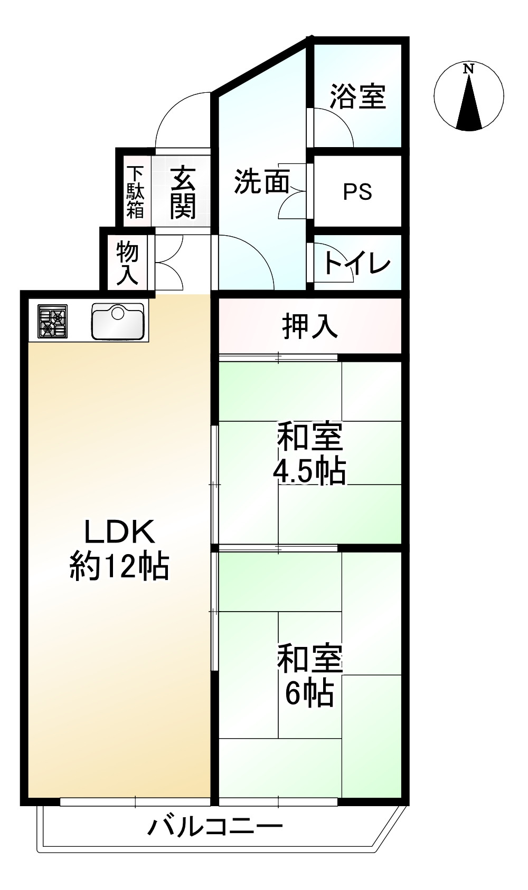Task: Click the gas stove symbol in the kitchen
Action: point(52,321)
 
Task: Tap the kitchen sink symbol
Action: point(118,322)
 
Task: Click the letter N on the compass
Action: point(468,69)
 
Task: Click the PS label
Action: point(357,191)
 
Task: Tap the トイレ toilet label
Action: point(357,262)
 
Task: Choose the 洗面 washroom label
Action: point(262,181)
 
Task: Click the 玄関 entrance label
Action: point(183,192)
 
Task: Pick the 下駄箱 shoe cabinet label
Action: point(135,192)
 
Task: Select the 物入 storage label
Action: point(127,262)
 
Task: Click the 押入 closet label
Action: point(310,325)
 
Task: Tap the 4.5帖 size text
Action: point(309,471)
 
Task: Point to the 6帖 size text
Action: point(309,693)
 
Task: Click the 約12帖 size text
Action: point(119,566)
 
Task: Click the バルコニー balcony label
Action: point(215,827)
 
